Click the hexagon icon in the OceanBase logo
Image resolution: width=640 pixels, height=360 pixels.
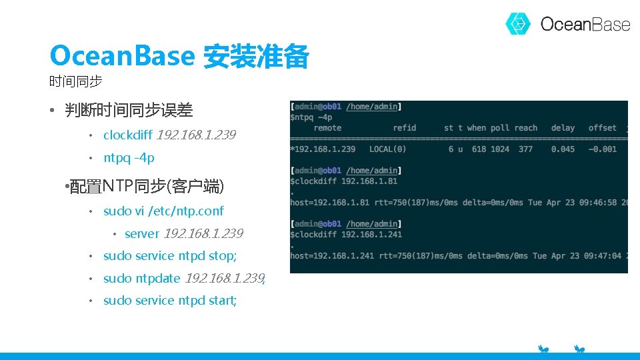[x=518, y=24]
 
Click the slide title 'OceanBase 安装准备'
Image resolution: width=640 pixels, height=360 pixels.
[x=179, y=57]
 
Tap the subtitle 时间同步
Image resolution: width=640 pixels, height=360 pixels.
[x=75, y=82]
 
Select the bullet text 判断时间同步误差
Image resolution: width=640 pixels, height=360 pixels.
[x=129, y=110]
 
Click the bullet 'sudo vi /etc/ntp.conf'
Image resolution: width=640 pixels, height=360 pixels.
[x=163, y=211]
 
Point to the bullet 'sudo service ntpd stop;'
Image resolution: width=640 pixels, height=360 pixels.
[x=170, y=256]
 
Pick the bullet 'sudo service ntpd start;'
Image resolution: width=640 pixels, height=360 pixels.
[x=170, y=301]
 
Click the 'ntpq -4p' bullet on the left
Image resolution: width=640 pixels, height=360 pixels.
[x=129, y=158]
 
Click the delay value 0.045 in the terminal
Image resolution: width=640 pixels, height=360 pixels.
[x=563, y=149]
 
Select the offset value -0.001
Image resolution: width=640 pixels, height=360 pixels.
[x=602, y=149]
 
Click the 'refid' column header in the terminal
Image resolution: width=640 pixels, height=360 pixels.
[x=404, y=128]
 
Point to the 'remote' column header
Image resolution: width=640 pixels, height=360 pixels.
[x=327, y=128]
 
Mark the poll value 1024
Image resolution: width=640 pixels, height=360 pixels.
[x=499, y=149]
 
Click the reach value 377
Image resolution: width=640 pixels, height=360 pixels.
[x=526, y=149]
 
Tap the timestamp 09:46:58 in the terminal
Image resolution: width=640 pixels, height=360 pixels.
[x=602, y=203]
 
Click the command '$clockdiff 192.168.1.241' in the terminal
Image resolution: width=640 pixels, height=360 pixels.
[x=346, y=235]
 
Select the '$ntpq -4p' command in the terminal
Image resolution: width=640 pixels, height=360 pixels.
[x=311, y=117]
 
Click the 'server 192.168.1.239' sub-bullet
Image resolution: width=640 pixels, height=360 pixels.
[x=183, y=234]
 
